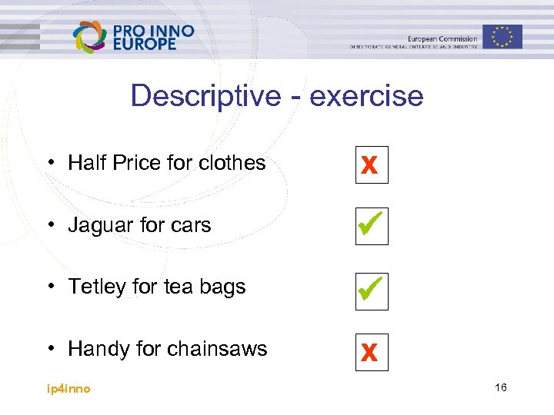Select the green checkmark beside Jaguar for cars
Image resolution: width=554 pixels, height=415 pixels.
coord(372,226)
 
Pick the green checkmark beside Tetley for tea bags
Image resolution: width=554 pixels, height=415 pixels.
coord(372,288)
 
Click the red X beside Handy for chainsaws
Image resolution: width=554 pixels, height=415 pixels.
coord(371,353)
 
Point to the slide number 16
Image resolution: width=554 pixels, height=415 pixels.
coord(500,388)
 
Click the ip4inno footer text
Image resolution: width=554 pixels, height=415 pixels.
coord(67,389)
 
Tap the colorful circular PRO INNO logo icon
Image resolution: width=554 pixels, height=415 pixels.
coord(90,36)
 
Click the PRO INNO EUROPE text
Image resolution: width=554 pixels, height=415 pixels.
coord(153,37)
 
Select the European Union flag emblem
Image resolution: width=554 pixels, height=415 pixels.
coord(502,36)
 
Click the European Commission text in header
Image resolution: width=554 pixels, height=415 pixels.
coord(442,38)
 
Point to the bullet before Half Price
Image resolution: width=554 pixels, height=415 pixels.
coord(48,163)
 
